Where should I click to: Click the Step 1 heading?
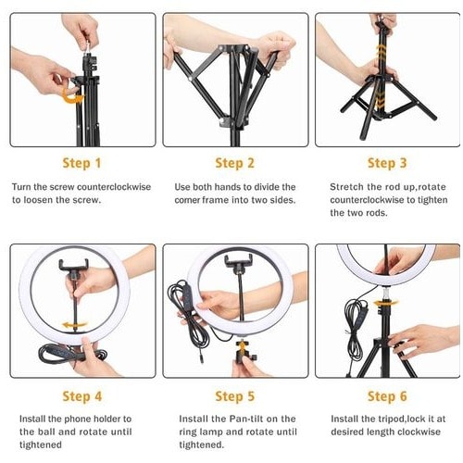pos(81,163)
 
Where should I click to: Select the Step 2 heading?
pos(234,163)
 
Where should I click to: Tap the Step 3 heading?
pos(387,163)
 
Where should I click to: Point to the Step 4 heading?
pos(81,396)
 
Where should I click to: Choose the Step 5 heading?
pos(234,396)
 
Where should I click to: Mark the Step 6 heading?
pos(387,396)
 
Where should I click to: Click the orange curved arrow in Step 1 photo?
pos(72,96)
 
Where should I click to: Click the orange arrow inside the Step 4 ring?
pos(75,325)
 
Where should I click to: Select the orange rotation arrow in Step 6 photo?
pos(386,303)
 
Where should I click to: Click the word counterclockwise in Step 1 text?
pos(114,187)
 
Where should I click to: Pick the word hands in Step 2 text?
pos(228,187)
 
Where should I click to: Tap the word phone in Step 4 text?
pos(77,419)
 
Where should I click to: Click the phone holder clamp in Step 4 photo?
pos(74,265)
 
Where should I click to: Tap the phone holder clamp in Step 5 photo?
pos(238,261)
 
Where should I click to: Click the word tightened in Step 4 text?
pos(41,444)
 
